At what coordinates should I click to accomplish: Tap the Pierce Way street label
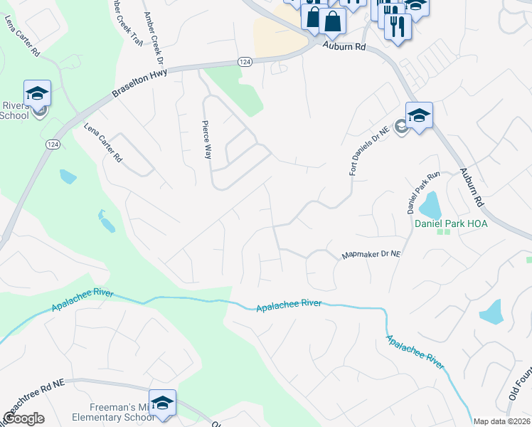pos(206,139)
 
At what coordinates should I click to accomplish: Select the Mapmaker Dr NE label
pos(373,253)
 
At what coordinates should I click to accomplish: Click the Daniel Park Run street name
pos(425,193)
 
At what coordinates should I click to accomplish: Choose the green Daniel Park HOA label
pos(445,222)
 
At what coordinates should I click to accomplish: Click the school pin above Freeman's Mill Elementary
pos(162,401)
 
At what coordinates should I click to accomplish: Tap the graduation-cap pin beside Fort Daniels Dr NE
pos(419,115)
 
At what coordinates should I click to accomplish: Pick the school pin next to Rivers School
pos(37,93)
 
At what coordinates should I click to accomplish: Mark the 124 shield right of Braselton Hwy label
pos(243,61)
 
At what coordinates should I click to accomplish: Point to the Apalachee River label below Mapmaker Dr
pos(288,305)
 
